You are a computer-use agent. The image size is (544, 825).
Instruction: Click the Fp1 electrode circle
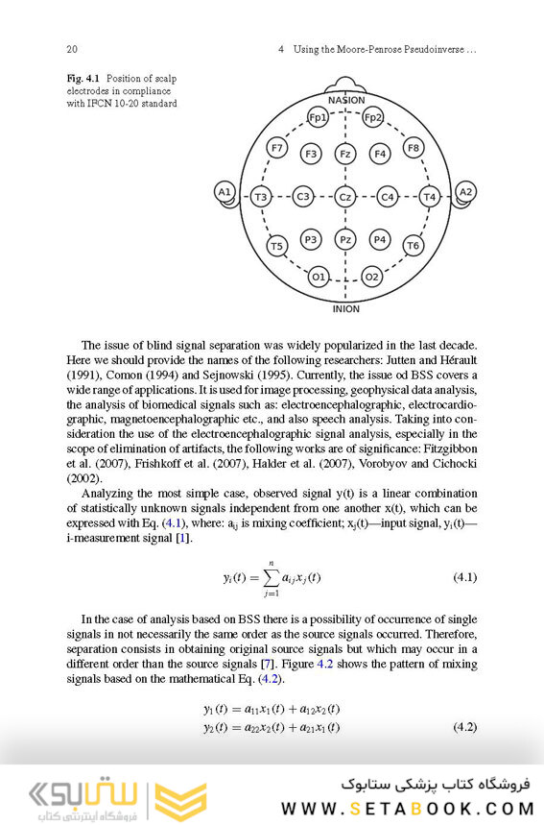[319, 118]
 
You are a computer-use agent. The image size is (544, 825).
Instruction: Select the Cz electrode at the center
[345, 197]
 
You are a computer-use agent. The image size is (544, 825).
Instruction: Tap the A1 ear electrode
[225, 193]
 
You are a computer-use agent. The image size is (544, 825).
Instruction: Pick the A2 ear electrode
[466, 193]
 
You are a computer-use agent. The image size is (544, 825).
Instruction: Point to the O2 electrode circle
[371, 277]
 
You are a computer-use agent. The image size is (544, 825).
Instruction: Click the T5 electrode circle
[277, 246]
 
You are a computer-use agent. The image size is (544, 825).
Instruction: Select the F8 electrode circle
[413, 148]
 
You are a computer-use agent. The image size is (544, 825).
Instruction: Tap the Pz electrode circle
[345, 239]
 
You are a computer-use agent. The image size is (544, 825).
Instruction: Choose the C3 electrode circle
[303, 197]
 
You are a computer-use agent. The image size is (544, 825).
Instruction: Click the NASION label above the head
[345, 100]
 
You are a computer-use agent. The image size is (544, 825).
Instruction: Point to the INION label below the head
[345, 309]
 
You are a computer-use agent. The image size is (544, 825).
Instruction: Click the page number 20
[72, 49]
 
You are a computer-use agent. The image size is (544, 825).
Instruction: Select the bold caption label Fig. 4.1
[84, 78]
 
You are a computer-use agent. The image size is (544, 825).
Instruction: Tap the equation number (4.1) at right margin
[463, 577]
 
